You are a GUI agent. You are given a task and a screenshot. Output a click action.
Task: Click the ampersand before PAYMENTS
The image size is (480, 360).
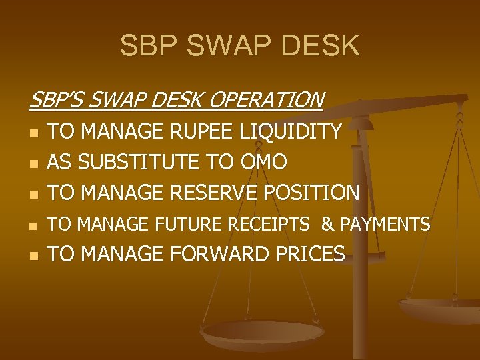[327, 225]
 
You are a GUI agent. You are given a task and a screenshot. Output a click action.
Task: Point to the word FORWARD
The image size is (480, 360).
[218, 254]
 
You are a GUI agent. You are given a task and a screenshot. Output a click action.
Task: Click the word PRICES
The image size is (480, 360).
[312, 254]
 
